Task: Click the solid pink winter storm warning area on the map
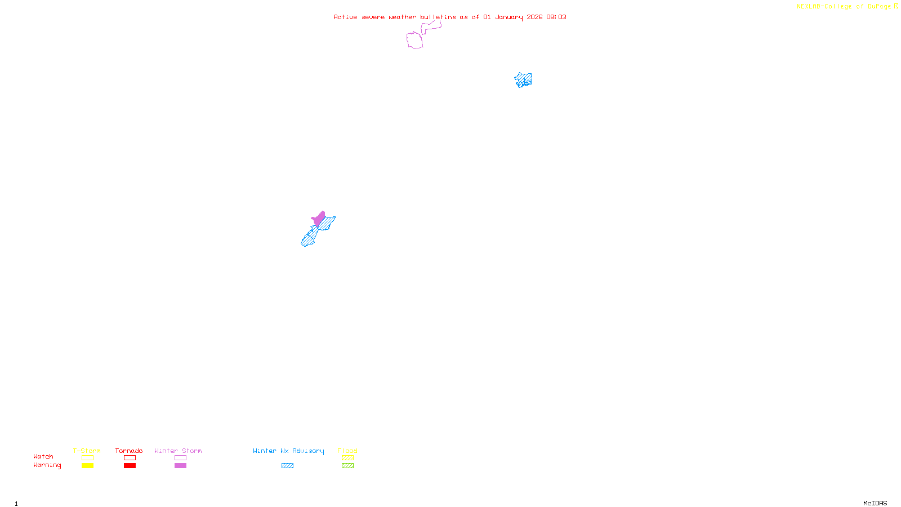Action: click(319, 219)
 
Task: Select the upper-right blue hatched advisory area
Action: click(524, 80)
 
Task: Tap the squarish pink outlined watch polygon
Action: click(415, 41)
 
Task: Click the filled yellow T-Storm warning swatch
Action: click(87, 466)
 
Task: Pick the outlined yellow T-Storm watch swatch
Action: click(87, 458)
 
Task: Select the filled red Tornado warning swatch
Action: click(130, 466)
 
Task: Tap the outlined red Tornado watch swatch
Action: click(130, 458)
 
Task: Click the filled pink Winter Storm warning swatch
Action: click(180, 466)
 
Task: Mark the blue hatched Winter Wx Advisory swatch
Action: click(287, 466)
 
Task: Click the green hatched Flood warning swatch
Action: click(347, 466)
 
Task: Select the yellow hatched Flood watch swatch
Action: click(347, 458)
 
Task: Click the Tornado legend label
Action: click(129, 451)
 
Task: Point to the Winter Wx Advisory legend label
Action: click(288, 451)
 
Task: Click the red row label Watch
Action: click(43, 457)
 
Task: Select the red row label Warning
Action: click(47, 465)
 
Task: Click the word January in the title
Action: click(509, 17)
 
